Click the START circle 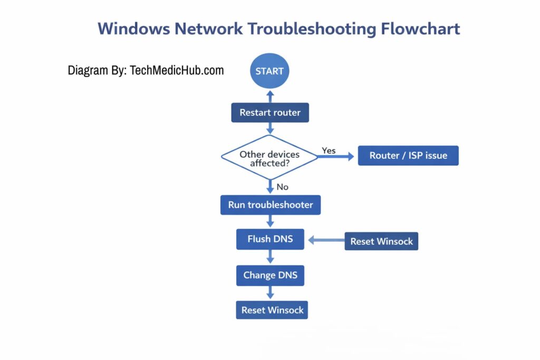269,71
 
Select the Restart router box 269,112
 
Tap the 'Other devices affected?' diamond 269,157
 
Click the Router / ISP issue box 408,155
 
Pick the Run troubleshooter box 270,205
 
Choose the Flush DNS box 270,239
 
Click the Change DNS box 270,275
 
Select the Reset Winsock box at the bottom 272,310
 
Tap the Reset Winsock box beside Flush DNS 381,241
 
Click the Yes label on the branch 329,151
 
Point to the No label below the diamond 282,187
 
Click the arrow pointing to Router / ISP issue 336,157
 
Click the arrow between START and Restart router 270,96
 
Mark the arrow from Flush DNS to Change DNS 270,257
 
